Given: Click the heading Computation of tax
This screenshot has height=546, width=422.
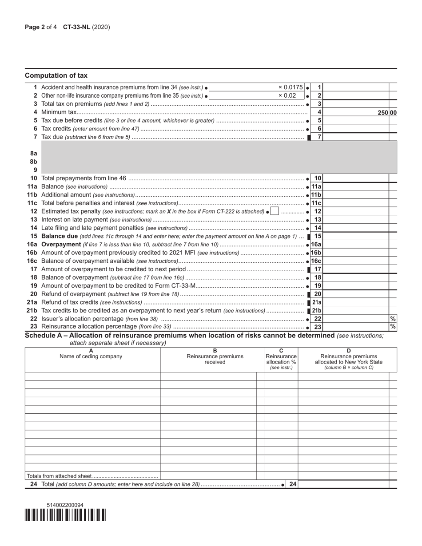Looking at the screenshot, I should coord(56,75).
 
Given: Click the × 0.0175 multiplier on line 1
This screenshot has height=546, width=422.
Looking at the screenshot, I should coord(291,87).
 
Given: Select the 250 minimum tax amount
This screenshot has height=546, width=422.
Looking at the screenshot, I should coord(383,113).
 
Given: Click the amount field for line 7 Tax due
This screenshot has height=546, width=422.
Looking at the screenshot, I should coord(357,137).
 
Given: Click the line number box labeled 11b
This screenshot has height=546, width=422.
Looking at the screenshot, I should coord(316,195).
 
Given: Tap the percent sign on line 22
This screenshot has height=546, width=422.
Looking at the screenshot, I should coord(393,319).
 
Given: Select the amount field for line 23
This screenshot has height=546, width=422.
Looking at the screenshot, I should coord(357,327).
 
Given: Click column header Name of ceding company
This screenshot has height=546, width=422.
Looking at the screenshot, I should coord(91,356).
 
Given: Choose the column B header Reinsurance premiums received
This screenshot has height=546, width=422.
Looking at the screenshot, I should coord(215,359).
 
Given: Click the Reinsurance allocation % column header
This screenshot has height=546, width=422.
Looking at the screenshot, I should coord(281,359).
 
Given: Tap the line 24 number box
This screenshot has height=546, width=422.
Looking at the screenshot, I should coord(293,484).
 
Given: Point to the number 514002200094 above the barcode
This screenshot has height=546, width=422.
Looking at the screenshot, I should coord(65,505).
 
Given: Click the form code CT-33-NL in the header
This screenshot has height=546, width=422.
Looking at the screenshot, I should coord(77,27).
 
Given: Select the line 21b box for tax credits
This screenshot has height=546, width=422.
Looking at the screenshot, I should coord(316,311).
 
